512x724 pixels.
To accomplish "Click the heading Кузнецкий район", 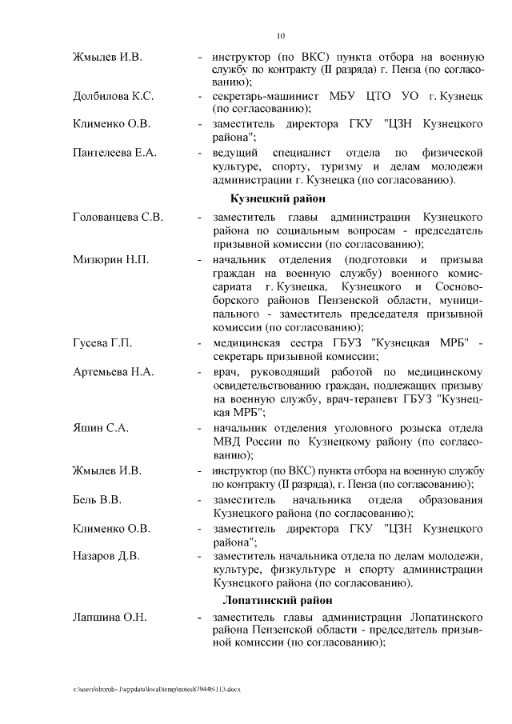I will tap(276, 198).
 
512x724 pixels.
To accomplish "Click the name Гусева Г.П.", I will tap(102, 343).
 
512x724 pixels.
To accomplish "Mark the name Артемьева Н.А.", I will tap(113, 371).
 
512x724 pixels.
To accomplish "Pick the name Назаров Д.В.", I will tap(106, 555).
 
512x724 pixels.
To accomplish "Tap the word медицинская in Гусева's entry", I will tap(247, 343).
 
